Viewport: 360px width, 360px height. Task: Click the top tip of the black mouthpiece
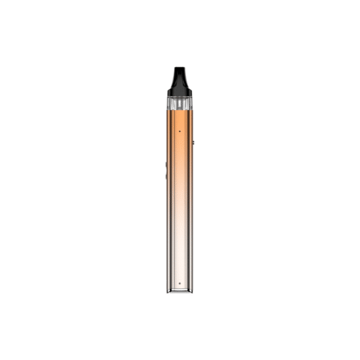tap(180, 69)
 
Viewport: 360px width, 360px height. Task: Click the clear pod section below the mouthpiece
tap(180, 104)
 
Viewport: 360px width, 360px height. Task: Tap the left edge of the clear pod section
tap(168, 104)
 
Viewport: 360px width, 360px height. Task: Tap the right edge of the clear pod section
tap(192, 104)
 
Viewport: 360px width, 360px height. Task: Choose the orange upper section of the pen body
tap(180, 154)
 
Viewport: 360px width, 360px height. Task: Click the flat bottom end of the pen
tap(180, 290)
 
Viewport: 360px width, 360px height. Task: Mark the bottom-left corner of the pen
tap(168, 290)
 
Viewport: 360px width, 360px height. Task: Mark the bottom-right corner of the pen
tap(192, 290)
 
